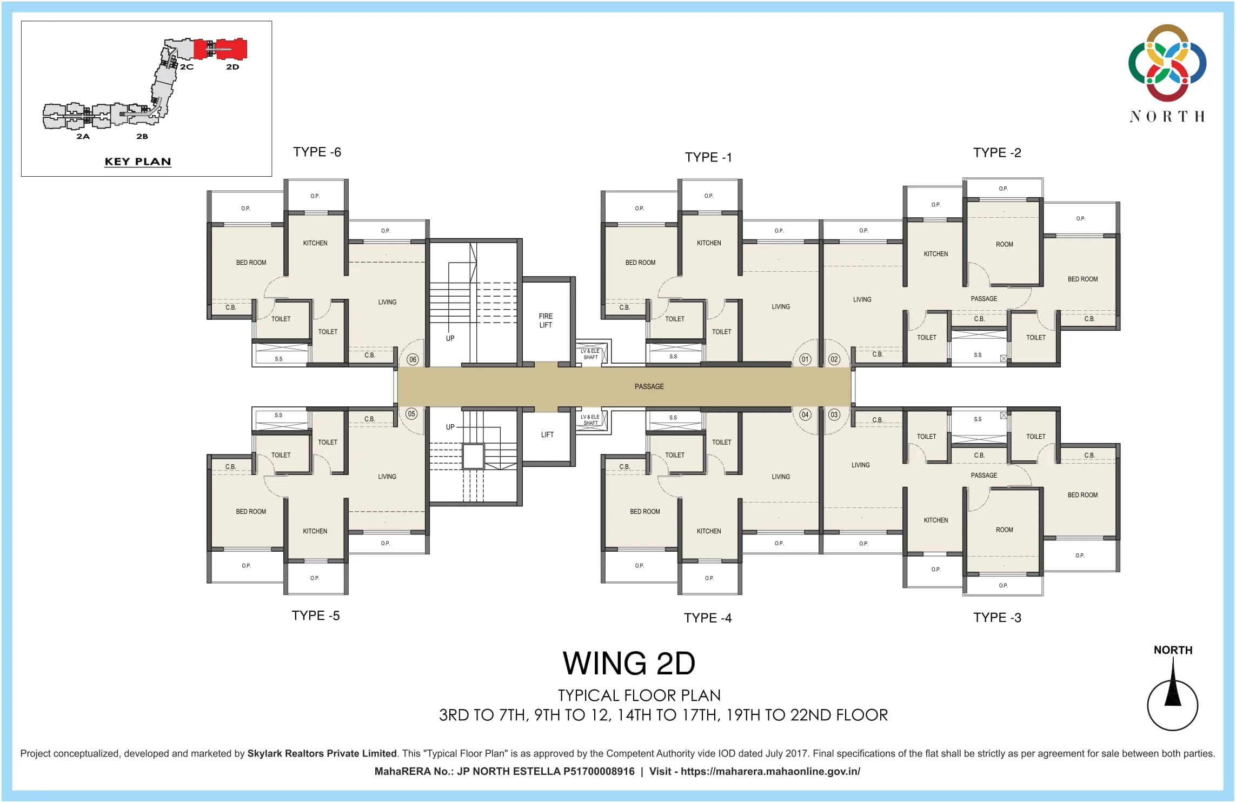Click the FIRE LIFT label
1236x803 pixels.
(546, 320)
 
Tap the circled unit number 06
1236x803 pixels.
(413, 359)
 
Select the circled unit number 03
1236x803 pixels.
(834, 414)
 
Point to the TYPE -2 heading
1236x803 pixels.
(997, 153)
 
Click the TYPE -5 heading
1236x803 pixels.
(316, 615)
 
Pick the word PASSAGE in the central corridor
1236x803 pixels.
(649, 386)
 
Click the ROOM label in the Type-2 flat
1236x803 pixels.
(1004, 244)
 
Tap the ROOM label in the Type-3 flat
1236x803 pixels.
(1004, 530)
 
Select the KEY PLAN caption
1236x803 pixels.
(138, 162)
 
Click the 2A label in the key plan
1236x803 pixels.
(83, 136)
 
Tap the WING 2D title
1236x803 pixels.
(629, 663)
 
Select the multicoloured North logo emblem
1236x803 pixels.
(1167, 63)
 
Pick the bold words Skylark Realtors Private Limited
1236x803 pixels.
(322, 753)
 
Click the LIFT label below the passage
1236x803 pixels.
(547, 434)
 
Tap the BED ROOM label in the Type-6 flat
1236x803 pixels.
(251, 263)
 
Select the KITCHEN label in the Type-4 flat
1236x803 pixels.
(709, 531)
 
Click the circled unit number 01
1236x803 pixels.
(805, 359)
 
